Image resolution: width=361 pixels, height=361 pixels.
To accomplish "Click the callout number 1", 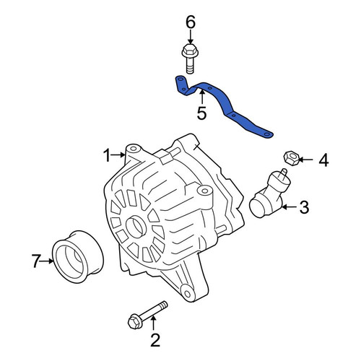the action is click(107, 155).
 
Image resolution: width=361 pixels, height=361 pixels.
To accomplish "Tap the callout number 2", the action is click(155, 340).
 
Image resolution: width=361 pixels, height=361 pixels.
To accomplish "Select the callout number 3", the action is click(304, 207).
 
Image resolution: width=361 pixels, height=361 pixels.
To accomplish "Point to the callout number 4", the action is click(323, 160).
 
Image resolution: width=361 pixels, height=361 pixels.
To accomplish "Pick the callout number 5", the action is click(201, 113).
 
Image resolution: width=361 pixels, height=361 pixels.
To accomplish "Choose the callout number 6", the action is click(191, 22).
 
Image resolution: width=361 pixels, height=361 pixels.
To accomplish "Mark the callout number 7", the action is click(36, 261).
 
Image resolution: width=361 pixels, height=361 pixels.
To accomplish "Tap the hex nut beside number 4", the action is click(291, 158).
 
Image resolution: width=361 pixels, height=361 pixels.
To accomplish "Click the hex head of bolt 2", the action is click(134, 321).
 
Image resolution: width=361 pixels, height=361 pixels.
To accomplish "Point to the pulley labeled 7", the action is click(77, 257).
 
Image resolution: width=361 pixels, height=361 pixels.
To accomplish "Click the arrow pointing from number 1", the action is click(118, 155).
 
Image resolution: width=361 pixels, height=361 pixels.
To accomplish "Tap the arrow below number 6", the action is click(191, 38).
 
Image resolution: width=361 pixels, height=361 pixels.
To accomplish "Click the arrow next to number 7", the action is click(47, 261).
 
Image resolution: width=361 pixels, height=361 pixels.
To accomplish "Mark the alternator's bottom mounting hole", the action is click(187, 294).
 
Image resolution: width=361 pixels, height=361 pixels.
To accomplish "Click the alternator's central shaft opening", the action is click(136, 226).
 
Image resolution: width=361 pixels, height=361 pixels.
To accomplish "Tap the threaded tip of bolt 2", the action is click(164, 305).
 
